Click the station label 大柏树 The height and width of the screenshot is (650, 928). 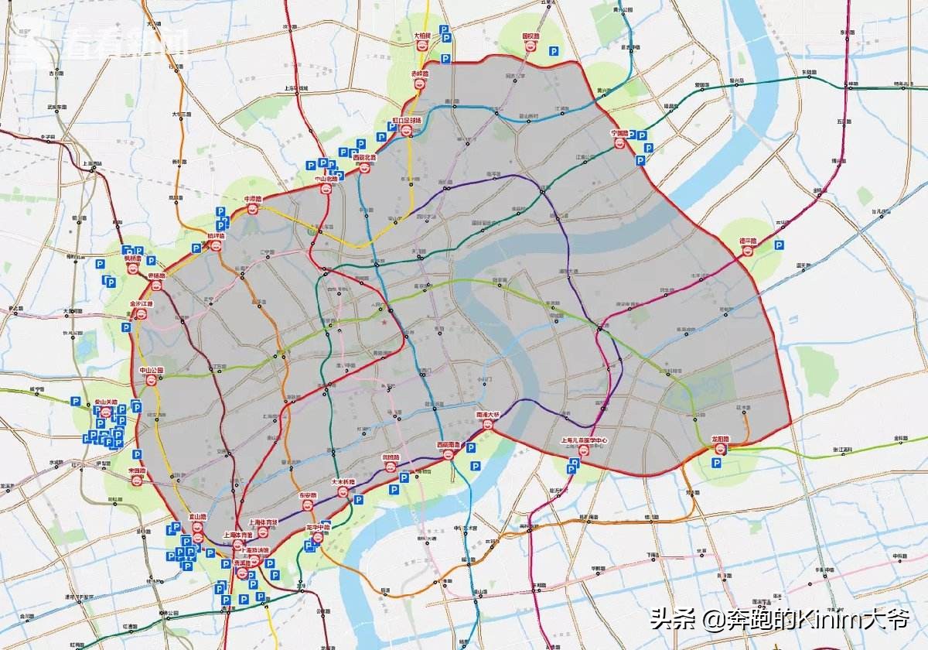(422, 36)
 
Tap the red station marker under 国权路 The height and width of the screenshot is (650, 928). (531, 46)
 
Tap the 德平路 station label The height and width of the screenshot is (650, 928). (747, 240)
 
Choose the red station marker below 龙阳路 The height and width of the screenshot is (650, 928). (720, 449)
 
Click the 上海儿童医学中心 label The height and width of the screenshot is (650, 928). (584, 440)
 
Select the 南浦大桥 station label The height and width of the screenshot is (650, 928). (488, 415)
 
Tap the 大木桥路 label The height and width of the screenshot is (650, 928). (343, 481)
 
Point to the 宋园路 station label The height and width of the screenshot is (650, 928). (136, 470)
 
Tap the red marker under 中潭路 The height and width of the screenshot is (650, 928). (252, 209)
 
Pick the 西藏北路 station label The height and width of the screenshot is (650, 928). (364, 157)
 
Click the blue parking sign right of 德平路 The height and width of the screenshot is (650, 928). (779, 245)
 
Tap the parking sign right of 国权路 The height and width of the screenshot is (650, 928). (554, 51)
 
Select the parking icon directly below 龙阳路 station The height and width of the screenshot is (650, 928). (717, 463)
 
